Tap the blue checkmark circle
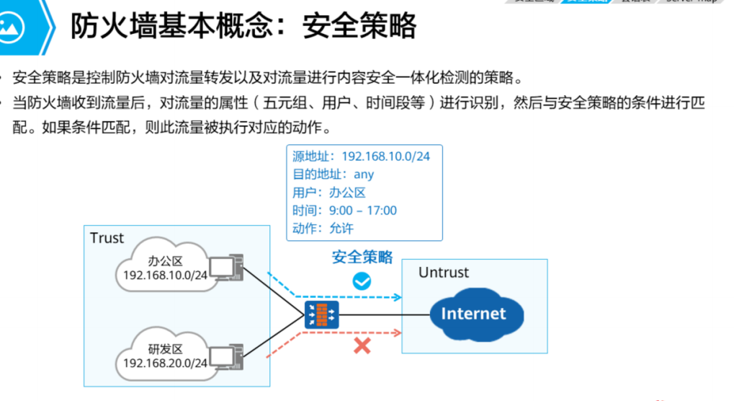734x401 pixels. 361,281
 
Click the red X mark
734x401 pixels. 362,345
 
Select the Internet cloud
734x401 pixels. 473,314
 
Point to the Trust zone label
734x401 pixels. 107,238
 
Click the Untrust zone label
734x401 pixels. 443,273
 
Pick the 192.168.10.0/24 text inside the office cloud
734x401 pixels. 165,275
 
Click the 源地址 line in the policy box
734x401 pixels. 361,156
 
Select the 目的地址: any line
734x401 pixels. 333,174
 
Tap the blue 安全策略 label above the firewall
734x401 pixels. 362,257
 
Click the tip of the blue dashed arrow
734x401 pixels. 399,296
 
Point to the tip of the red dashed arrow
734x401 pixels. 399,332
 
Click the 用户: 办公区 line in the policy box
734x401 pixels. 329,192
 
